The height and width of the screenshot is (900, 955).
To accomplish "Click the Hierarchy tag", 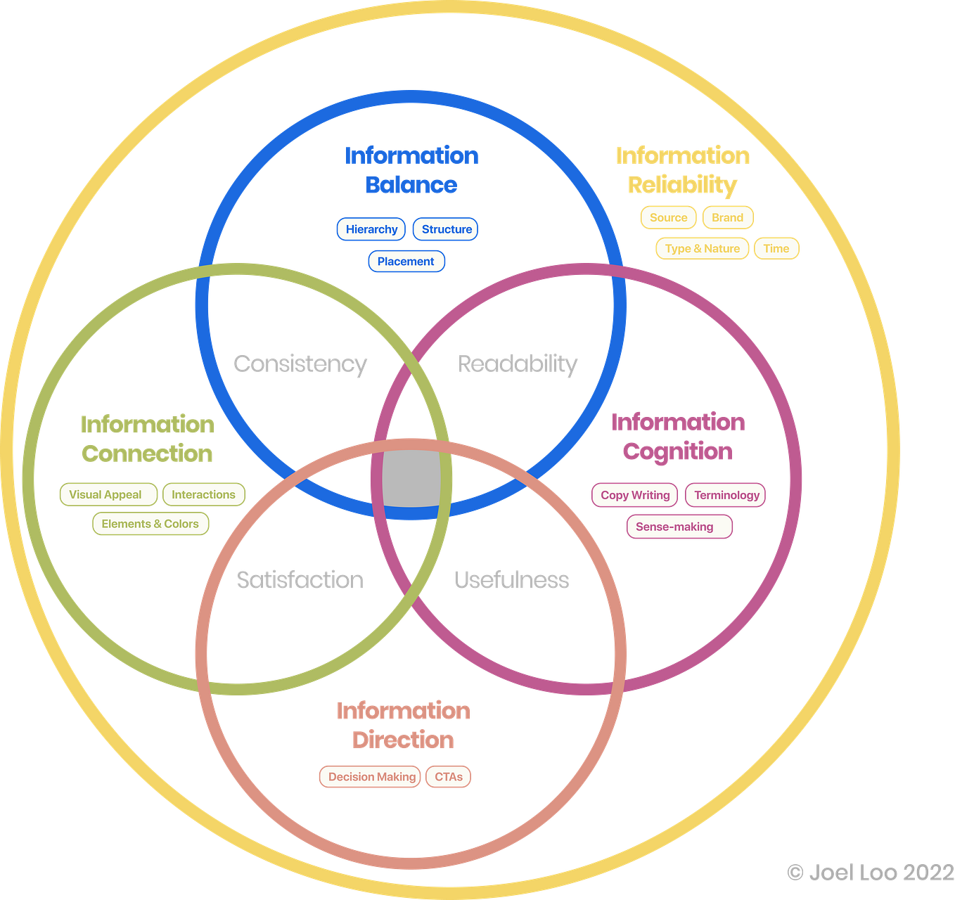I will point(371,229).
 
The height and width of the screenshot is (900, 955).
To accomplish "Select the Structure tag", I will point(447,229).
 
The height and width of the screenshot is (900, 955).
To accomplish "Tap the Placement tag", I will point(406,262).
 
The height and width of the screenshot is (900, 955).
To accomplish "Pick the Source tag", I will point(668,217).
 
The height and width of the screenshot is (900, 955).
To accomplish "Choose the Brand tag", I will point(727,217).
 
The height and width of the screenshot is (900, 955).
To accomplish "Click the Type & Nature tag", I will point(702,248).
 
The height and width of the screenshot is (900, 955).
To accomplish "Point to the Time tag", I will point(776,248).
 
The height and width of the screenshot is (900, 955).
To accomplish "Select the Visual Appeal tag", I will point(105,494).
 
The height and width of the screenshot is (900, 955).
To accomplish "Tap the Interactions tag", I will point(203,494).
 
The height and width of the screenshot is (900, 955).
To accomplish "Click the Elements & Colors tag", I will point(150,524).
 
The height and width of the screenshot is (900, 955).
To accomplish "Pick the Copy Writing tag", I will point(635,495).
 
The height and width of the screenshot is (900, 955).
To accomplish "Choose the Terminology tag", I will point(726,495).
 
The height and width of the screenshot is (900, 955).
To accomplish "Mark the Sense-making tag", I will point(674,527).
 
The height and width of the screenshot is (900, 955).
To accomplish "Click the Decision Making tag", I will point(371,777).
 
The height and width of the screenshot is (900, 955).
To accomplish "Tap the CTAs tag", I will point(449,777).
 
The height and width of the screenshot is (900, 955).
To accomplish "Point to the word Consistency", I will point(300,364).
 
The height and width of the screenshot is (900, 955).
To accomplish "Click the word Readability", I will point(518,364).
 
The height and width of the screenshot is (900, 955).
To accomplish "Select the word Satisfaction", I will point(300,580).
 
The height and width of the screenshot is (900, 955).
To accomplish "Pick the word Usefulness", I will point(511,580).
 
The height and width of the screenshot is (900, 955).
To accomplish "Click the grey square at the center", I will point(411,479).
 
